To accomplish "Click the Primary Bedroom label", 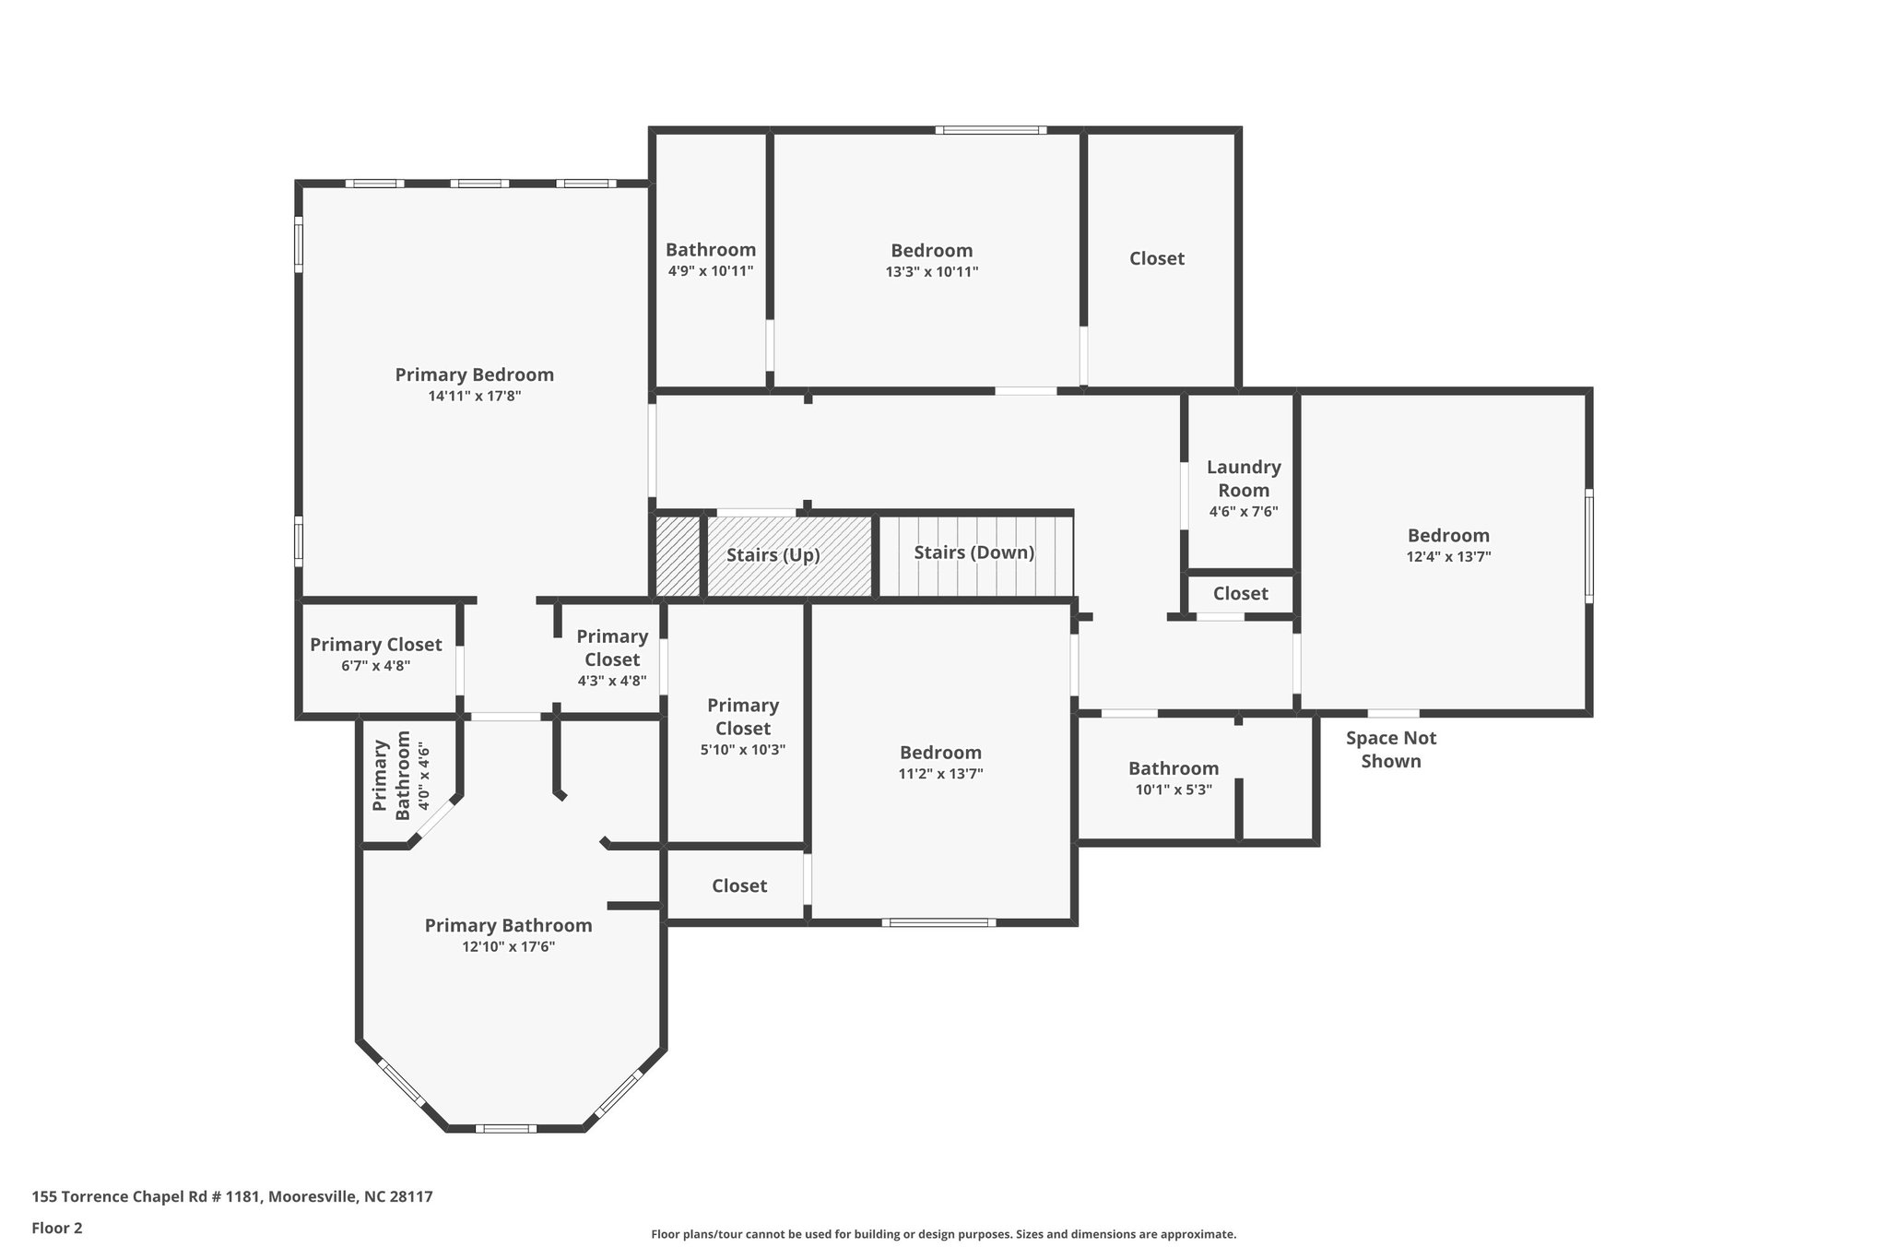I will [474, 374].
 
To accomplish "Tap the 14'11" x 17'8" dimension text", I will [474, 397].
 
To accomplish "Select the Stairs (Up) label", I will [773, 555].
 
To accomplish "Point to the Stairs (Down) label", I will [973, 552].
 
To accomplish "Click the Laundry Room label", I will [1243, 479].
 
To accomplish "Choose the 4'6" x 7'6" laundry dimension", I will [1243, 512].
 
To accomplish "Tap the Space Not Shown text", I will [1390, 749].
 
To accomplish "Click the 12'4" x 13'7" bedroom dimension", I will [1447, 557].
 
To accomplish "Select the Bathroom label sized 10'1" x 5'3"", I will [1173, 768].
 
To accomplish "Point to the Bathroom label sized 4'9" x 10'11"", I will [710, 250].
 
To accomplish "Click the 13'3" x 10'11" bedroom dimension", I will [931, 272].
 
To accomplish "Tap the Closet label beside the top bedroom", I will [1156, 259].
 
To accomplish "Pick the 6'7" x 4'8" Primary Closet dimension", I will [375, 666].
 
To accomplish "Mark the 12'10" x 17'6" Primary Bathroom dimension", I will [508, 947].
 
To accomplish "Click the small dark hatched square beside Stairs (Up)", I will [677, 556].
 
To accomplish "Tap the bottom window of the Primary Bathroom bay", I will [505, 1128].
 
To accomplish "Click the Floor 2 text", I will [57, 1229].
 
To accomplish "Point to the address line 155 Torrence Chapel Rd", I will [231, 1197].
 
